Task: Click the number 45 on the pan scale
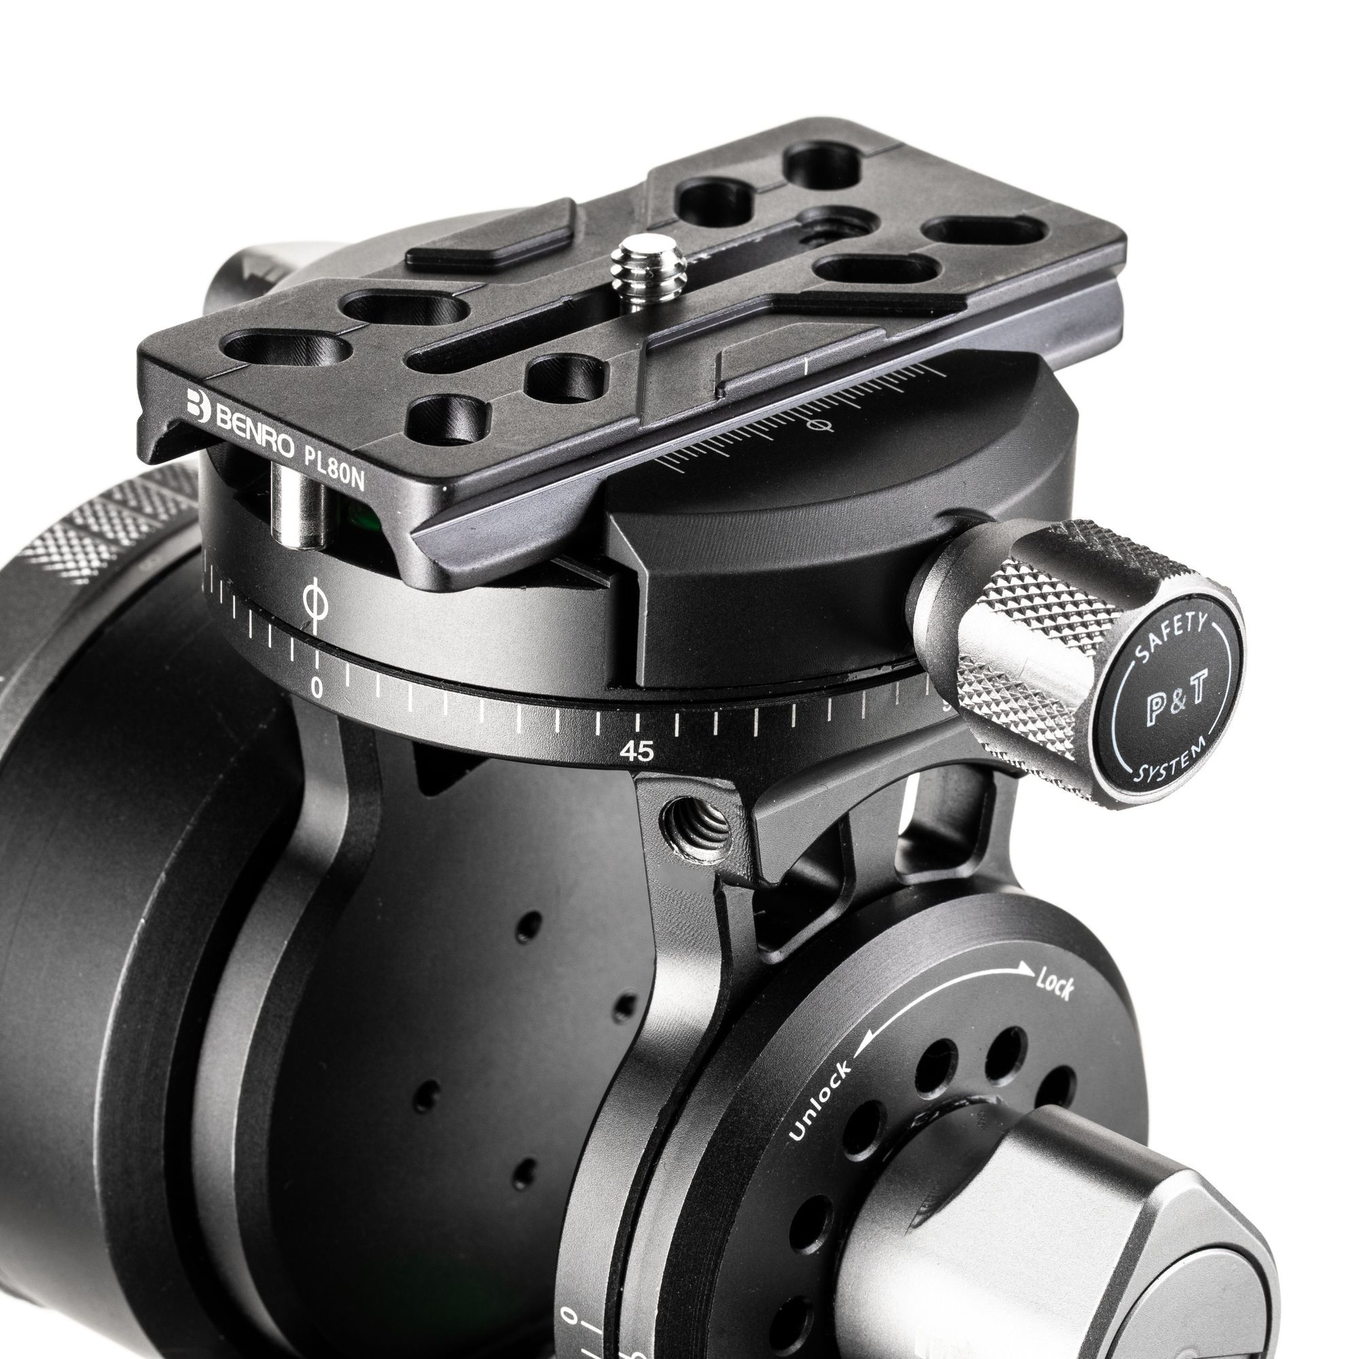pos(637,753)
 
